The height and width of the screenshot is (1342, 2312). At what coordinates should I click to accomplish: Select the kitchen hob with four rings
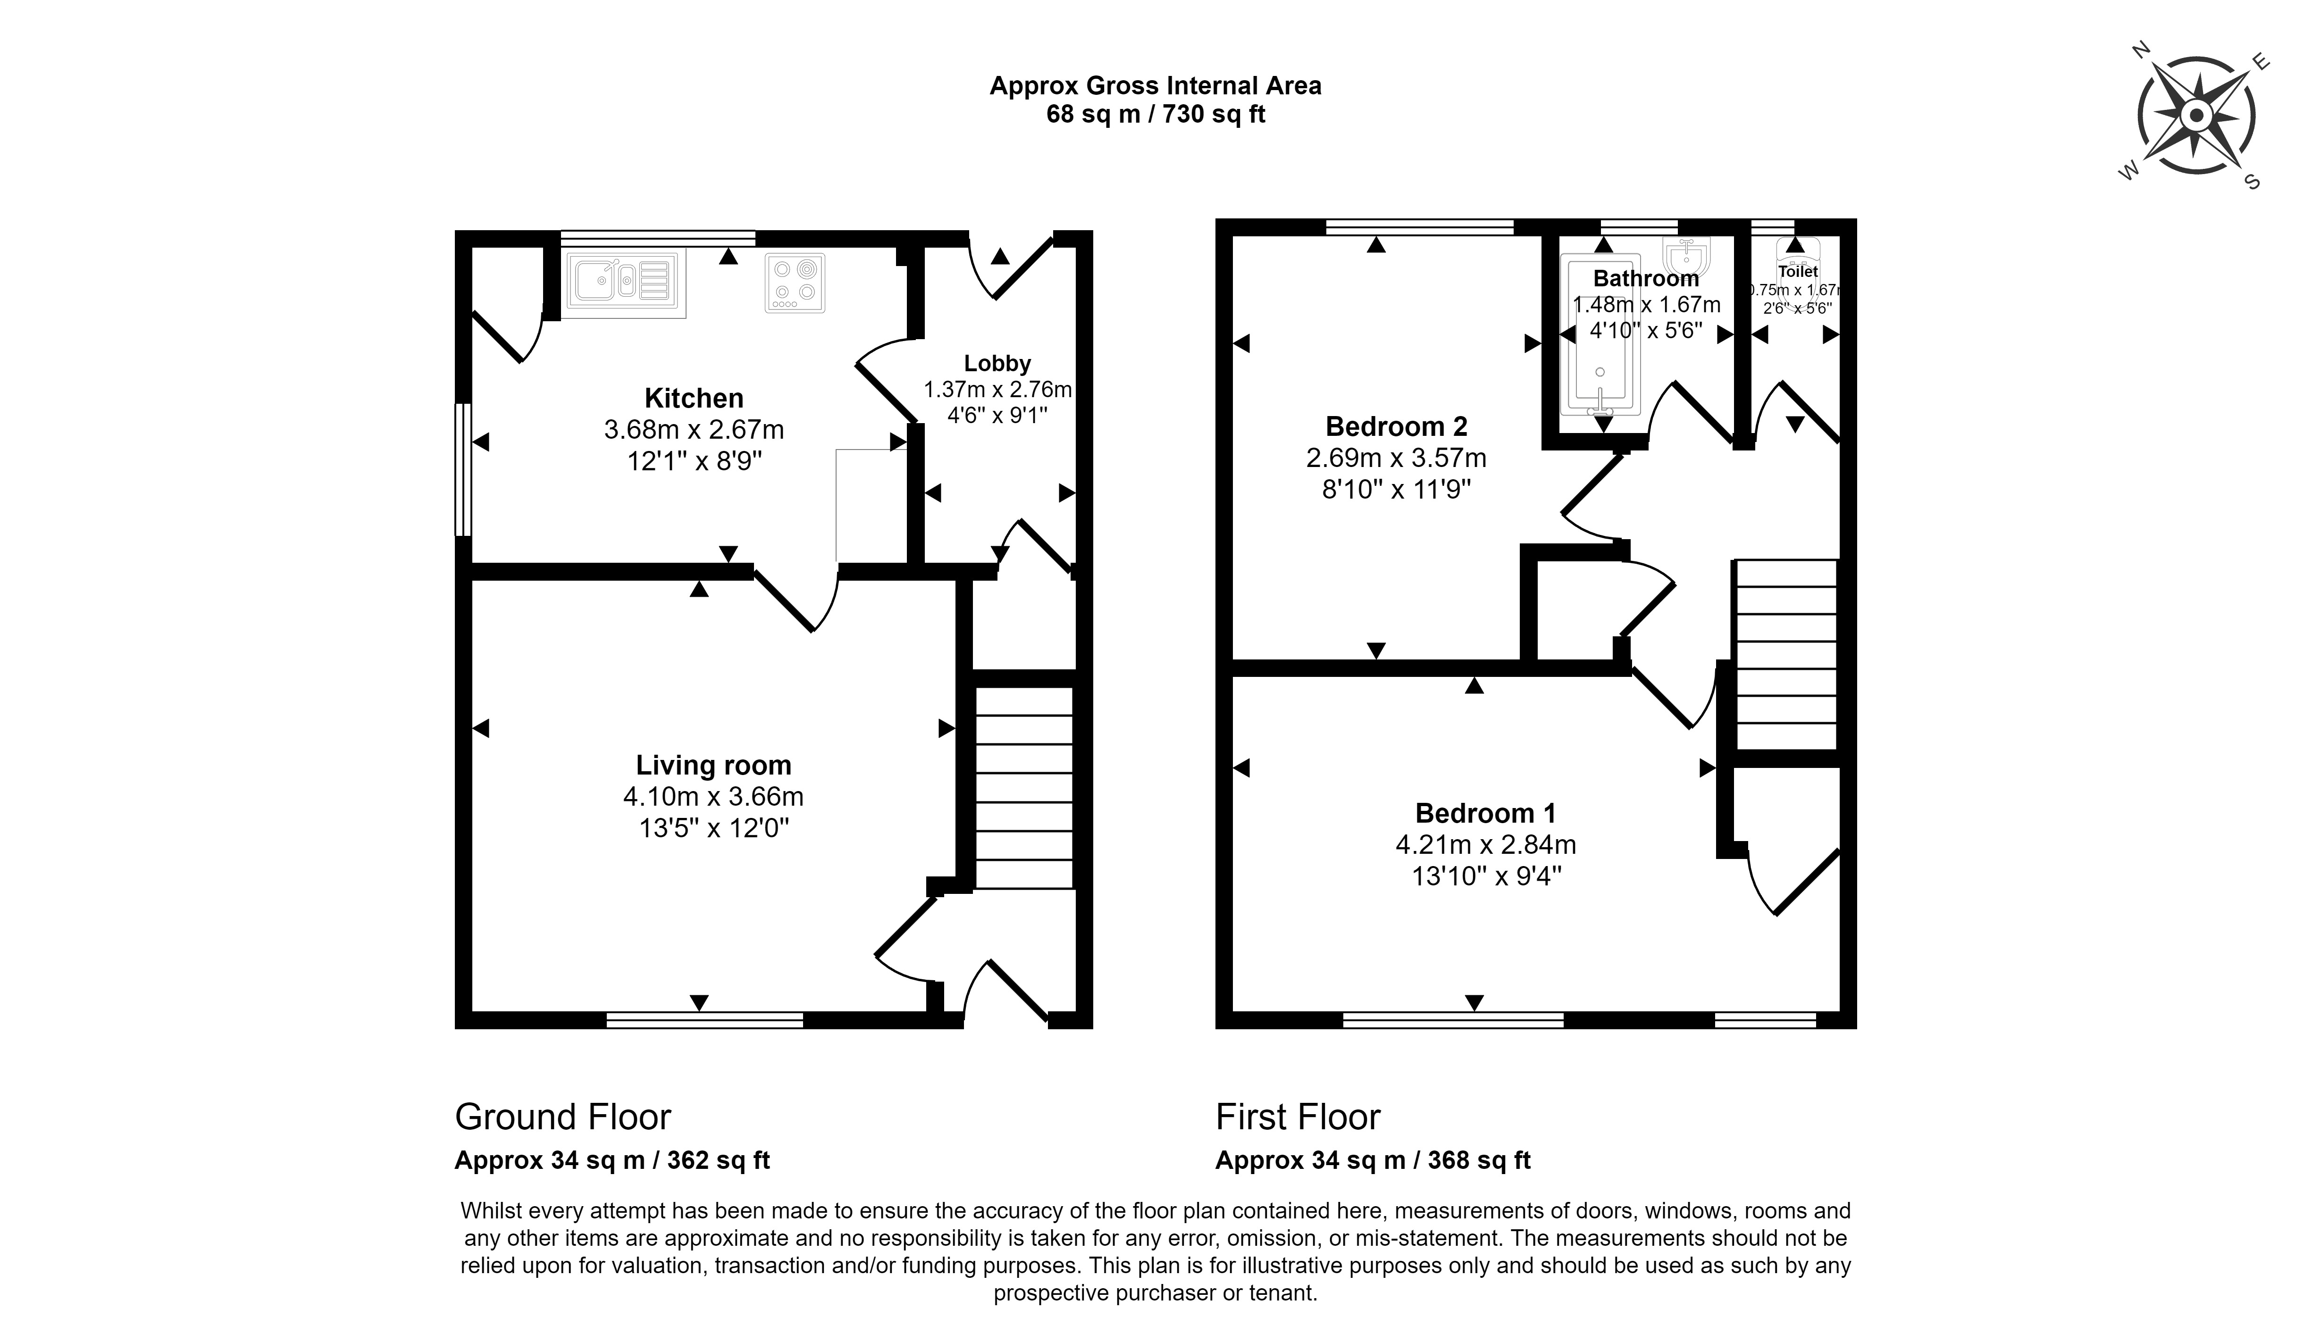(x=795, y=283)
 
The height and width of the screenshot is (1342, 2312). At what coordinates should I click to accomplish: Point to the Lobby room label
(x=997, y=363)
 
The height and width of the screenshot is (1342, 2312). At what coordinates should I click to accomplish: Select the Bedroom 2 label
(x=1396, y=426)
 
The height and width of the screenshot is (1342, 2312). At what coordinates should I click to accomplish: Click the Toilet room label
(x=1798, y=272)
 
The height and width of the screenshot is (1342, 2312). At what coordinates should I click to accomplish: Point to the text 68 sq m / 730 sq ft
(x=1156, y=115)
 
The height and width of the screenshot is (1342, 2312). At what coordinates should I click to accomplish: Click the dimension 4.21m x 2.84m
(x=1486, y=844)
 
